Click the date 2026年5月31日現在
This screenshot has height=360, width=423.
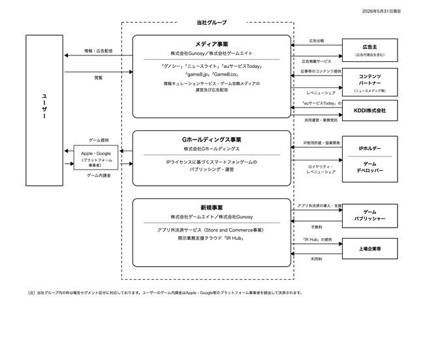[381, 11]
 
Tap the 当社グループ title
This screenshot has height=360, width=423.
[211, 23]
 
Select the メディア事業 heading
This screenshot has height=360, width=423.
[211, 44]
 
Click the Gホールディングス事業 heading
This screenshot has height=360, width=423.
[211, 140]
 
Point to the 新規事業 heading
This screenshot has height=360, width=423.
[211, 207]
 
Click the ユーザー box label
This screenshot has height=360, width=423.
[44, 106]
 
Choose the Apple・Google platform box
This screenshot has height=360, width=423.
[96, 158]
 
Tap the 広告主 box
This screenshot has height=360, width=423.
[370, 50]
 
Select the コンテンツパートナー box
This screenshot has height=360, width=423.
[370, 82]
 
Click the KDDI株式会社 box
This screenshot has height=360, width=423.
[370, 110]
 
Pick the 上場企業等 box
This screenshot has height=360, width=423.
[370, 248]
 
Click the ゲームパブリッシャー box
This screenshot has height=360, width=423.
[370, 216]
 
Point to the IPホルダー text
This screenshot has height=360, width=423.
[370, 149]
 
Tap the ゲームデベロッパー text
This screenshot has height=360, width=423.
[370, 167]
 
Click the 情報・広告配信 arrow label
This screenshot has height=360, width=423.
[99, 51]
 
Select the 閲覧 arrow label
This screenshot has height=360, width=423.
[99, 78]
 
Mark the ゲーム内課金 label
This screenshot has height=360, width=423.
[99, 175]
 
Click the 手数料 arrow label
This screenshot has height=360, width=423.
[317, 227]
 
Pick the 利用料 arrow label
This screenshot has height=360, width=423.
[317, 259]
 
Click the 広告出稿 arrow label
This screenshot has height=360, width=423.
[317, 40]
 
